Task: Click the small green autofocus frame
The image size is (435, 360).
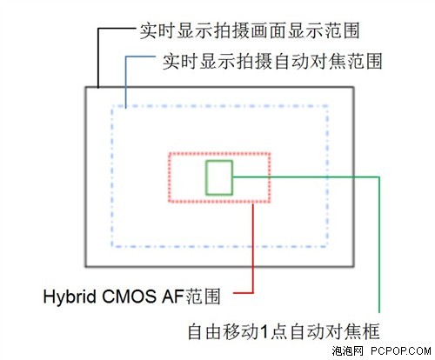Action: [205, 177]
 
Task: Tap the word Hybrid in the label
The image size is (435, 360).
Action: [70, 297]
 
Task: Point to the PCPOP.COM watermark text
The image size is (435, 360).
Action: [401, 351]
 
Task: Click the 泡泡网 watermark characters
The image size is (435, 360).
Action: [348, 351]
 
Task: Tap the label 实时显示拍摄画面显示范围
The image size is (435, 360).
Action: [250, 30]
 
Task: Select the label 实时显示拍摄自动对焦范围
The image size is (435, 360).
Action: [272, 62]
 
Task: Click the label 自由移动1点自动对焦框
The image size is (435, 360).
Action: [284, 331]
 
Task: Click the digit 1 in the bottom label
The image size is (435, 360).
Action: [264, 332]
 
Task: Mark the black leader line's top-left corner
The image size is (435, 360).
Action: [98, 29]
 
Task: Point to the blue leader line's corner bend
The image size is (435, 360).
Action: [126, 57]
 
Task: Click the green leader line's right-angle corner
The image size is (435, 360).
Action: [379, 177]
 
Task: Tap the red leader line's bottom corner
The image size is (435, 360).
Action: [253, 293]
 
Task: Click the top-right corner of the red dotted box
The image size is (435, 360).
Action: [270, 154]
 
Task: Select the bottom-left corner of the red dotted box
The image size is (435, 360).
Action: [170, 201]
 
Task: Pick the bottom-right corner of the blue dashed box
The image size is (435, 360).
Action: [327, 247]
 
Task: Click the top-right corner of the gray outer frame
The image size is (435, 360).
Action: [353, 87]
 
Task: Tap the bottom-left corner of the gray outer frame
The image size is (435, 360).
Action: [86, 266]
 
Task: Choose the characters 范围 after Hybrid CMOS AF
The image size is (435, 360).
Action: [203, 297]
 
